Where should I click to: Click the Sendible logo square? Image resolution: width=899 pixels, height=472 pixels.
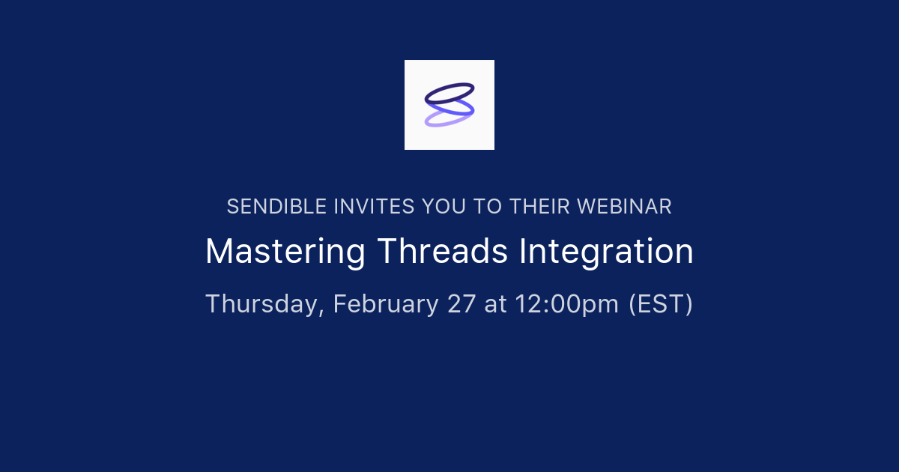449,105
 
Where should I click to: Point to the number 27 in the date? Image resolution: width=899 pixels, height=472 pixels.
461,304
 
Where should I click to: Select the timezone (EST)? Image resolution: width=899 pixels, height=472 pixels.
660,304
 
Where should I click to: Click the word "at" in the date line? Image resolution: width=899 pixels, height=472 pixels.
495,304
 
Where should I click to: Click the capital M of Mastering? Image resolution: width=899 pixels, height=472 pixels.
217,252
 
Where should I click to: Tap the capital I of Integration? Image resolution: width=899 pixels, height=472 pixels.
522,252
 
